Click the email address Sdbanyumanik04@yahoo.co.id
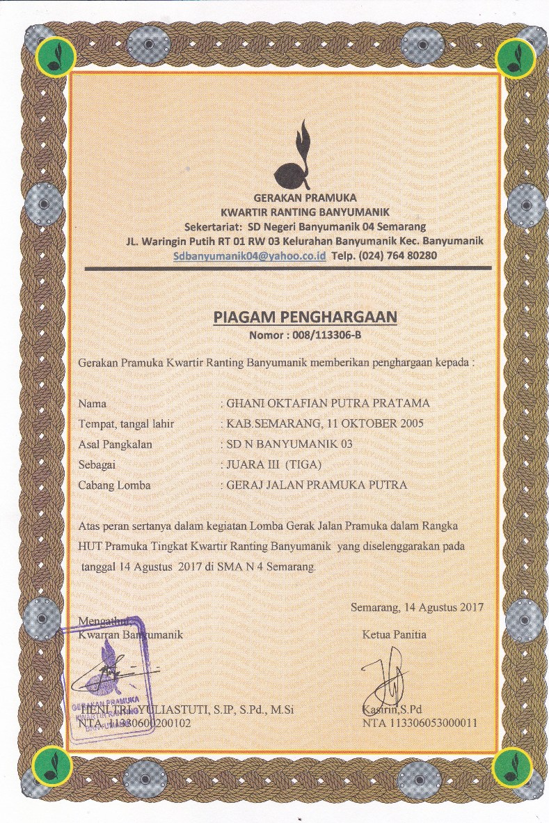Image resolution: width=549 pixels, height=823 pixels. (x=250, y=256)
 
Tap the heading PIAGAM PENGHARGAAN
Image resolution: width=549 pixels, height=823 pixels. (x=305, y=318)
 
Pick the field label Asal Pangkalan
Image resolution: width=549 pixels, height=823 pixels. (x=115, y=444)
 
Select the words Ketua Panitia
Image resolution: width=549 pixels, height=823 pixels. (x=395, y=634)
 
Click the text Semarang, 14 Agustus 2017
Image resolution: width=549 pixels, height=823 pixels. (x=417, y=607)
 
